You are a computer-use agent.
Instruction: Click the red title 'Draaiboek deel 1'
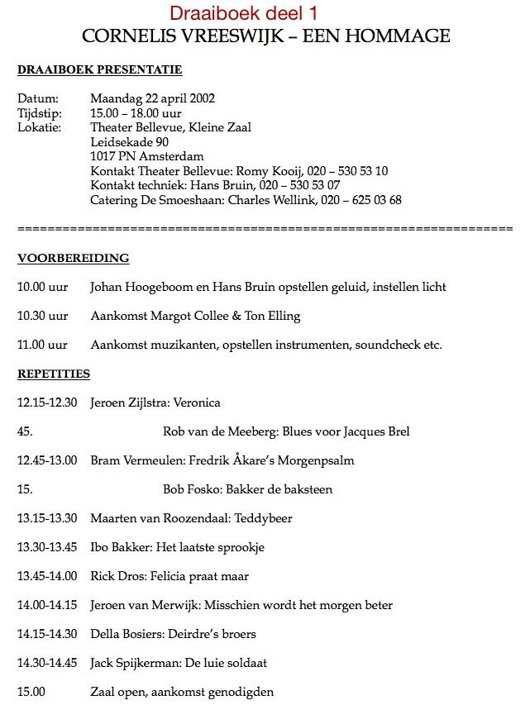click(243, 13)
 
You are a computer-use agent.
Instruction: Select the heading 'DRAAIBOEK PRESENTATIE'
click(99, 70)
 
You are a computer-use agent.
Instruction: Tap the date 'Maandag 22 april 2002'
click(153, 98)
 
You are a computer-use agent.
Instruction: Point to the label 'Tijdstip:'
click(40, 113)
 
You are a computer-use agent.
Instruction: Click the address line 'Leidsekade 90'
click(130, 142)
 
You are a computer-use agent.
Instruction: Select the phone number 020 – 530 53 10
click(347, 171)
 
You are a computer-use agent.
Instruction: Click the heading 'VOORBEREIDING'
click(73, 258)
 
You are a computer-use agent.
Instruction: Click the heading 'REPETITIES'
click(54, 374)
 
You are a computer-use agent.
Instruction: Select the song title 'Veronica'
click(197, 402)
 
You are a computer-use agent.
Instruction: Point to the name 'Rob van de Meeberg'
click(217, 431)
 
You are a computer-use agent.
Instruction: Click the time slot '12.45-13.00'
click(47, 460)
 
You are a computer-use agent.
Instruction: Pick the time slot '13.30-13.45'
click(47, 547)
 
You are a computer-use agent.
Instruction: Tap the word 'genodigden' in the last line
click(241, 692)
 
